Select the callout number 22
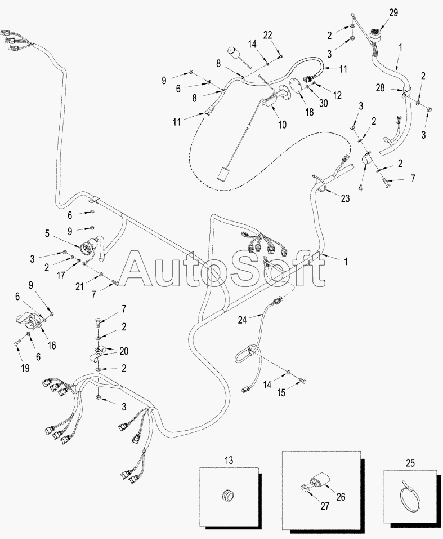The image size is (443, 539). pos(268,34)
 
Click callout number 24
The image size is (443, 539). pos(242,319)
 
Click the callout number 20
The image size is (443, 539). pos(123,351)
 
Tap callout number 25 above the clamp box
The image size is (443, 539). pos(410,463)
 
